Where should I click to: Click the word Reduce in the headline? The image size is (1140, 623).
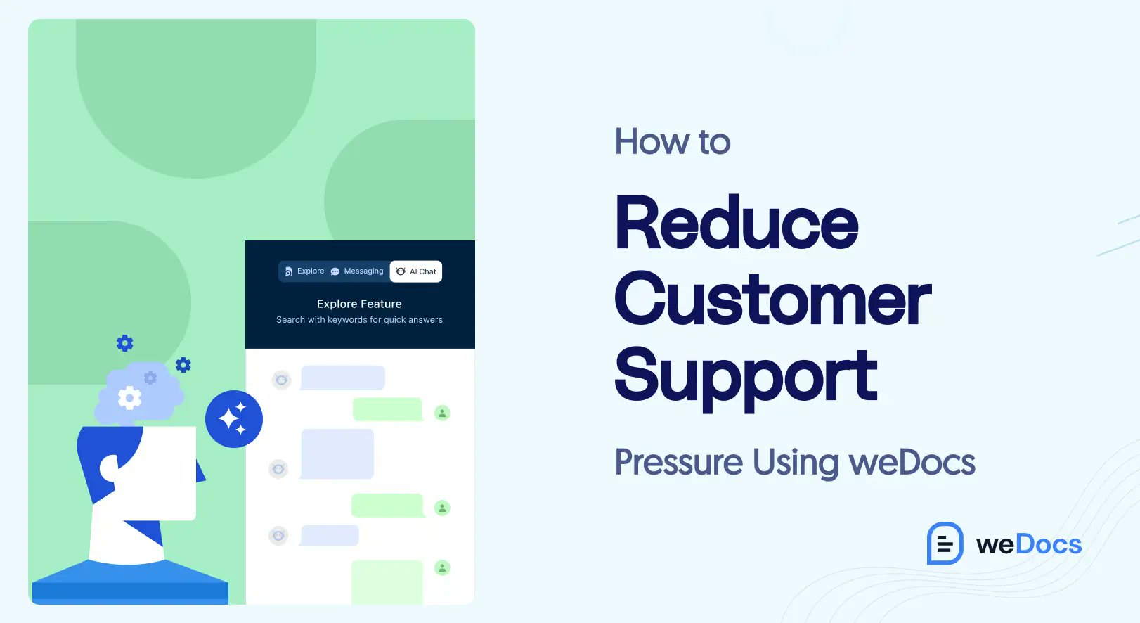point(737,224)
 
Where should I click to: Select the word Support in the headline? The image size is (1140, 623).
point(746,376)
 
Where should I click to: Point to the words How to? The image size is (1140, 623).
point(673,141)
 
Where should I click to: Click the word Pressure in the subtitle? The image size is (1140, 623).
point(678,463)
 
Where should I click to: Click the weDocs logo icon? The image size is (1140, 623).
point(945,543)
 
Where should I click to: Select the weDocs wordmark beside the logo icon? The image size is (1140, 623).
point(1029,544)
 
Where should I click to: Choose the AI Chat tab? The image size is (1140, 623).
point(416,271)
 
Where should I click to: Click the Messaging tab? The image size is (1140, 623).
point(357,271)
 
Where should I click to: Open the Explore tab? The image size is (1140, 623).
point(304,271)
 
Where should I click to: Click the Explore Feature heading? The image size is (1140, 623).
point(359,304)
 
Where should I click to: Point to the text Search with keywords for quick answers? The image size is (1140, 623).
point(359,320)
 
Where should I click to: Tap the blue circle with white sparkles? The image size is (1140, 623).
point(234,419)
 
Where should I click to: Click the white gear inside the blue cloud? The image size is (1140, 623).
point(129,398)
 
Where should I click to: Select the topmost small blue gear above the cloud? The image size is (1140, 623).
point(125,343)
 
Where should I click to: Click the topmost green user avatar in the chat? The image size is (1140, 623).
point(442,413)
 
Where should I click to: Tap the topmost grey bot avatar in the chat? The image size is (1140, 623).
point(281,380)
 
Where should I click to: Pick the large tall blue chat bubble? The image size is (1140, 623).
point(337,454)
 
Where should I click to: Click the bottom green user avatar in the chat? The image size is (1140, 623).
point(442,567)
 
